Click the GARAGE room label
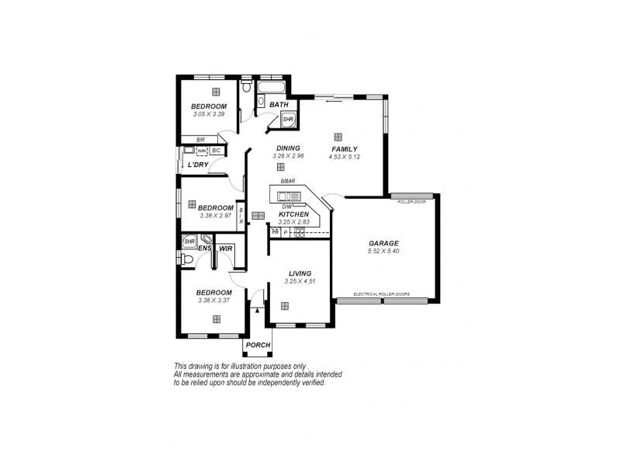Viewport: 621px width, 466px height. tap(384, 243)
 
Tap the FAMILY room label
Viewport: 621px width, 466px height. tap(344, 148)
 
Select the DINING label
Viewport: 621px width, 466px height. tap(287, 148)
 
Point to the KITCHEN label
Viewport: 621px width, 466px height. tap(293, 214)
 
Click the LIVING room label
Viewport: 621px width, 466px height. tap(300, 273)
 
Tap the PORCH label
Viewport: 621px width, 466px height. tap(258, 345)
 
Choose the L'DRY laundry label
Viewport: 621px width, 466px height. tap(198, 165)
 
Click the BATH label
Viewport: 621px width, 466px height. tap(279, 105)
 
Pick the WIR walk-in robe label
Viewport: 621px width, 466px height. tap(226, 249)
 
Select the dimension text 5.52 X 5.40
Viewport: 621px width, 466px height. tap(384, 251)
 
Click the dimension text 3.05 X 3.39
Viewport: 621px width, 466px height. tap(209, 114)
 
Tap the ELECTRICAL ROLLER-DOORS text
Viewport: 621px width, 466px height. tap(381, 294)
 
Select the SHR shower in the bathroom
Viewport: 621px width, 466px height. tap(287, 120)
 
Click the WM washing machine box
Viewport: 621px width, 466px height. tap(201, 151)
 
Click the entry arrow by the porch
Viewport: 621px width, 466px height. tap(257, 311)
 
